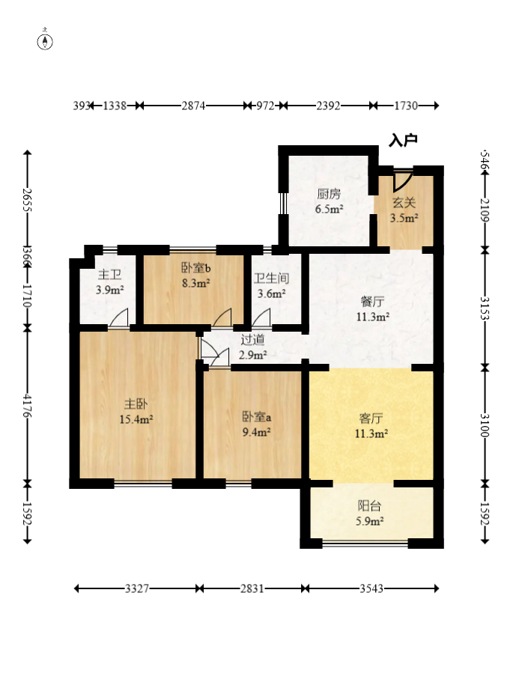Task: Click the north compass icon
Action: (45, 41)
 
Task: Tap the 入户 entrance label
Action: (403, 140)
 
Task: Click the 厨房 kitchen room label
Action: (329, 194)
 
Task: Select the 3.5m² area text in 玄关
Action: (404, 218)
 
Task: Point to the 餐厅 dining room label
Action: (372, 302)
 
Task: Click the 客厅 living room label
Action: (371, 418)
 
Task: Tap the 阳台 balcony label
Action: (370, 506)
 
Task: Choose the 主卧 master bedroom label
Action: (136, 404)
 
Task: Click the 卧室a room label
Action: (257, 417)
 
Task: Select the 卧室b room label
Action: (195, 268)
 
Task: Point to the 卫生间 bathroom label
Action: (271, 278)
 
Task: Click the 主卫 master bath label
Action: (109, 275)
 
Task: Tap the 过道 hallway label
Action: (252, 339)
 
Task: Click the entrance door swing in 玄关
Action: (403, 181)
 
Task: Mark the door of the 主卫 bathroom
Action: (119, 317)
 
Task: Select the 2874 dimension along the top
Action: (193, 106)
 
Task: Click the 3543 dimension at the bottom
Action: (371, 588)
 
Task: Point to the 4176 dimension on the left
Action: (28, 406)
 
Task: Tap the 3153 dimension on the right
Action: (485, 308)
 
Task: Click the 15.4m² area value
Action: (136, 419)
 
